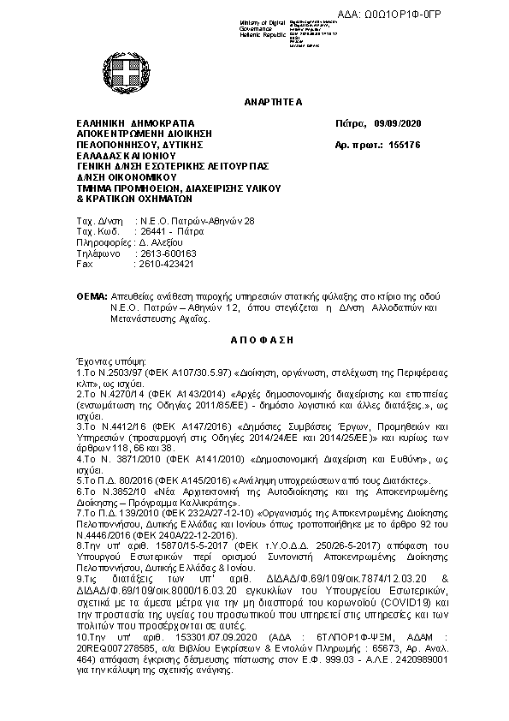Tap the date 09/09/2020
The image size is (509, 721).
(x=398, y=123)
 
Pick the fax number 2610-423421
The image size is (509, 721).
(x=166, y=265)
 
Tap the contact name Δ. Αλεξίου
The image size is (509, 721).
(x=161, y=243)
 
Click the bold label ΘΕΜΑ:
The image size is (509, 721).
(x=91, y=295)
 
